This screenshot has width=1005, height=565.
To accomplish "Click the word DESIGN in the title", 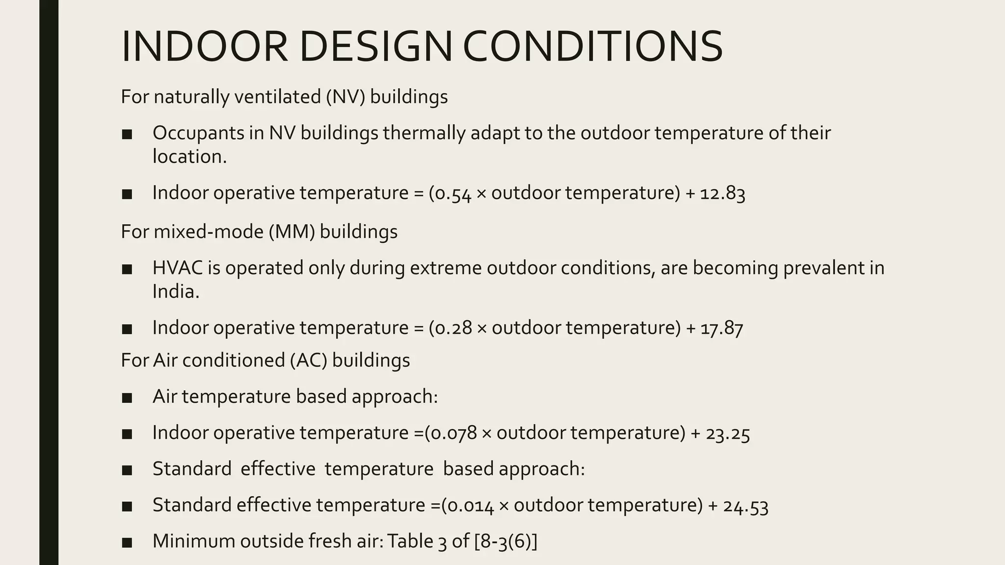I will (375, 47).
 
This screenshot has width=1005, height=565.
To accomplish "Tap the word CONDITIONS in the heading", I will (592, 47).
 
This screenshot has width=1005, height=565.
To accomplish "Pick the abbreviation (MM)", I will (292, 231).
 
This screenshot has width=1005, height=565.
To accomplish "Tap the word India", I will (175, 291).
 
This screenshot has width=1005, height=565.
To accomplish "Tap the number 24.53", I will (745, 505).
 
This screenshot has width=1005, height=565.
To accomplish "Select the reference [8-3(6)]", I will (505, 541).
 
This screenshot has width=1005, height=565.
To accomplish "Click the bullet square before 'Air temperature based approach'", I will (127, 397).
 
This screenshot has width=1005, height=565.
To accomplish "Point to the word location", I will (189, 156).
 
